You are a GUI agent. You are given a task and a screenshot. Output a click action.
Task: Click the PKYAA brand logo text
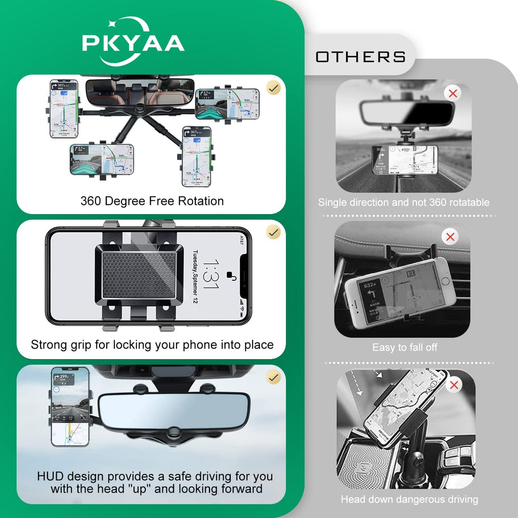coord(133,44)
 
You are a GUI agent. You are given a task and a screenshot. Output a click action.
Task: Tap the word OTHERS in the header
coord(361,57)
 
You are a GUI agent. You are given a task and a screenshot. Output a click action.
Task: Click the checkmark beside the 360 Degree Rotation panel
coord(274,88)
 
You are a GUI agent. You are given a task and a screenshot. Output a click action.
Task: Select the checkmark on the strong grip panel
coord(274,232)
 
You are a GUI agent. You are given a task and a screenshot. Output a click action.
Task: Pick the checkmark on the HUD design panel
coord(274,377)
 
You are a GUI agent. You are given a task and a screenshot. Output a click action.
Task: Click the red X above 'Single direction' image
coord(453,93)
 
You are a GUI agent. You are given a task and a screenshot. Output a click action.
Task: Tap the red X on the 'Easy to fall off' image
coord(450,236)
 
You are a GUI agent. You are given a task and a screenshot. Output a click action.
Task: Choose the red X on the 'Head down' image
coord(454,385)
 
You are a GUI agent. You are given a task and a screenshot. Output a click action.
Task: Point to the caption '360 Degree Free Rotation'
coord(152,201)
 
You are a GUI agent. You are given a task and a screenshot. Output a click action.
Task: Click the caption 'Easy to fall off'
coord(405,348)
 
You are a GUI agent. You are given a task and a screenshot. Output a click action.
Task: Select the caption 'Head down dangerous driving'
coord(409,499)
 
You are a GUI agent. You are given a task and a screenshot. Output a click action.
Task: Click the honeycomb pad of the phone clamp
coord(139,276)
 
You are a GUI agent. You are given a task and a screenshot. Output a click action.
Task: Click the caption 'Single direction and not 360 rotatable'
coord(404,202)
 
